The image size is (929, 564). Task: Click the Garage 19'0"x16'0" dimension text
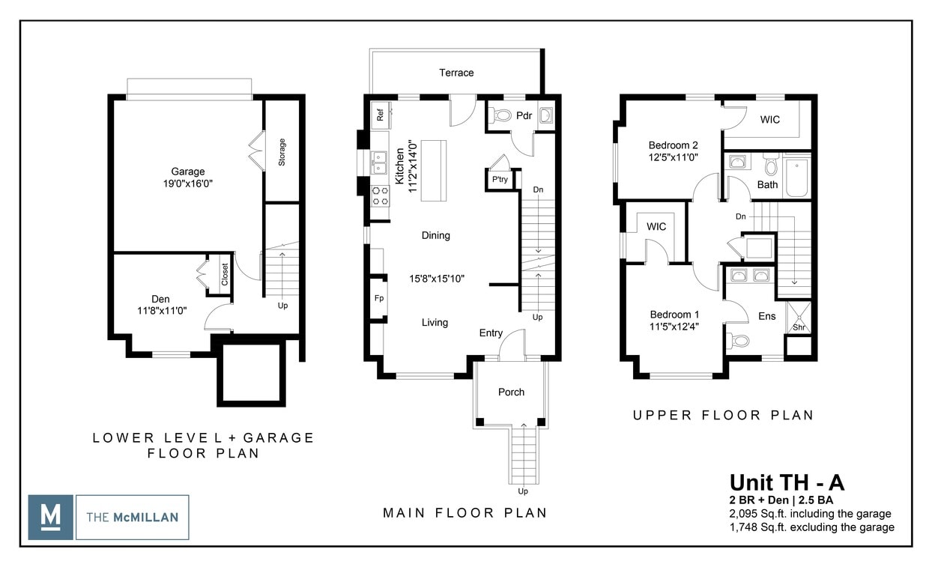[187, 183]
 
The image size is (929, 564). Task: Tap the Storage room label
[282, 152]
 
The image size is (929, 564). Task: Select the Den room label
[160, 298]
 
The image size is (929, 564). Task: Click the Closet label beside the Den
[225, 274]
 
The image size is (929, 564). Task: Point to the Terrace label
[456, 73]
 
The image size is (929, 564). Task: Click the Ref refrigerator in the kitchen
[380, 115]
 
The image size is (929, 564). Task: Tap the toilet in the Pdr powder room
[501, 115]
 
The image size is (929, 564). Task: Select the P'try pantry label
[499, 180]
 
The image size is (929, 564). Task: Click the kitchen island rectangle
[433, 170]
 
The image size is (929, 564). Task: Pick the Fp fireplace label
[379, 298]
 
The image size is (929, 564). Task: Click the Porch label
[511, 392]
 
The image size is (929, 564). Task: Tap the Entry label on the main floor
[491, 333]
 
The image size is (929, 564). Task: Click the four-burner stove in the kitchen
[380, 195]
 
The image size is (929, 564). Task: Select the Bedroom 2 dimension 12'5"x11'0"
[674, 158]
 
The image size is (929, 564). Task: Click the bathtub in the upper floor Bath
[797, 175]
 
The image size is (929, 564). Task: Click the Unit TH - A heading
[787, 482]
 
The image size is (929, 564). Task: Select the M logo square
[51, 517]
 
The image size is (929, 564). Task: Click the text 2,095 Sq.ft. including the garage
[811, 514]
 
